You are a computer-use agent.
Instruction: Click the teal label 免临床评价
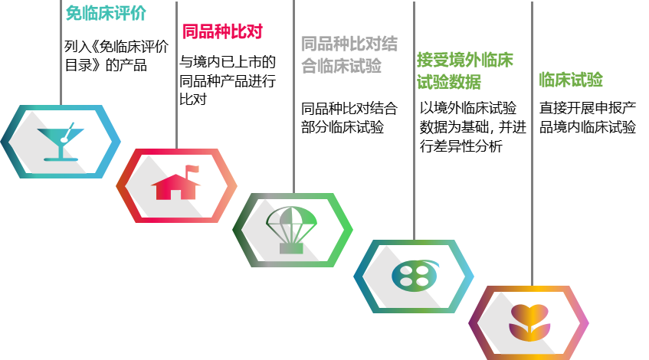105,13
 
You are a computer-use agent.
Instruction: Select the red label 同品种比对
221,31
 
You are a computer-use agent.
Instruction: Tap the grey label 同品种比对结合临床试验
349,54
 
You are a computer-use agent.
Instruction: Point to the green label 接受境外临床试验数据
464,70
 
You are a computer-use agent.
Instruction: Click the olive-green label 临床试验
570,80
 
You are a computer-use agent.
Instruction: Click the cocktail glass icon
61,142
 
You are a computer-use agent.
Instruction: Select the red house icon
176,184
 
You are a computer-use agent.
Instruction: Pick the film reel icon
414,275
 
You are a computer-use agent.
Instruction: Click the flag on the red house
192,169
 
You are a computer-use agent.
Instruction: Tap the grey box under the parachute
291,248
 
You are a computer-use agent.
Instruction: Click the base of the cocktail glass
61,159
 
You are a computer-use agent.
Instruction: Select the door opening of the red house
176,194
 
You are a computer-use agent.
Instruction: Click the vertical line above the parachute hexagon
293,115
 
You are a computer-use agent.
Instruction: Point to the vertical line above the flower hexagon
532,191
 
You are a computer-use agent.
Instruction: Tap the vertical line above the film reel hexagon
414,161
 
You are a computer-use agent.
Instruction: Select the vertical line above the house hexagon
176,92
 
